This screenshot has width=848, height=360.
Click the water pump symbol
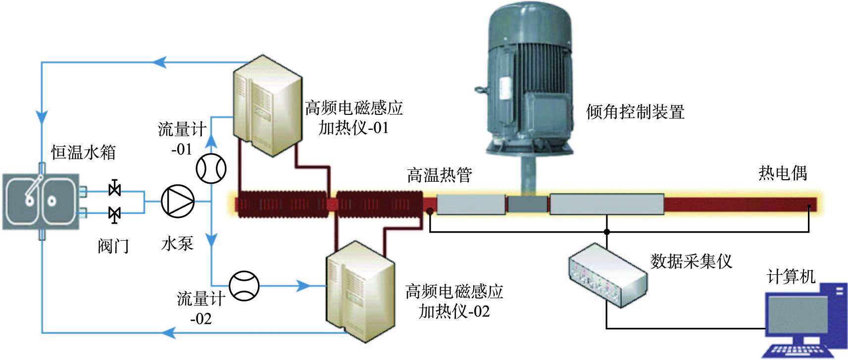pos(178,201)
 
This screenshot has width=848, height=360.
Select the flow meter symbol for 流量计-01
pos(211,168)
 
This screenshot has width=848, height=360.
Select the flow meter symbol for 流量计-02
pos(244,286)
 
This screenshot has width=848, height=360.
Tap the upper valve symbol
pos(114,189)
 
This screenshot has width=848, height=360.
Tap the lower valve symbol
pos(114,214)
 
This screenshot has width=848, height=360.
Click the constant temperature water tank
pos(41,201)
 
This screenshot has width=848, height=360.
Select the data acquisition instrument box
pos(608,275)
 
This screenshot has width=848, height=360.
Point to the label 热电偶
pos(783,173)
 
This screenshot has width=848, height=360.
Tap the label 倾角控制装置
pos(635,112)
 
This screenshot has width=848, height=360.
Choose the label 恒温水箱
pos(83,153)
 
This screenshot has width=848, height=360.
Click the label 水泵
pos(177,244)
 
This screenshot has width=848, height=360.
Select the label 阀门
pos(113,246)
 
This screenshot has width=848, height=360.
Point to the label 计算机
pos(791,276)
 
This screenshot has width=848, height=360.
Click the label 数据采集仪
pos(691,261)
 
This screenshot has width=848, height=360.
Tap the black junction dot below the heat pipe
pos(607,232)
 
